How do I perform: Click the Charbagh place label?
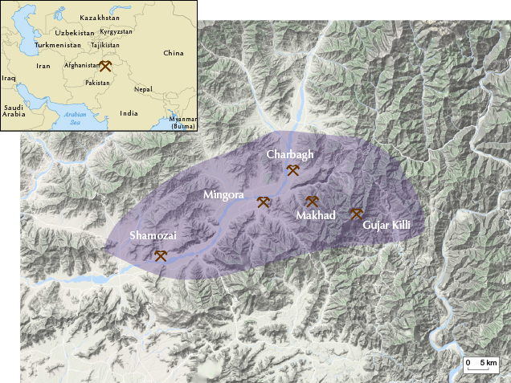point(291,154)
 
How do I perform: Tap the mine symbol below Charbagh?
point(293,170)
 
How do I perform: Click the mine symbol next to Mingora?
point(263,202)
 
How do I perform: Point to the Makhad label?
point(315,215)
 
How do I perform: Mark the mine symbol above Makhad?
point(313,202)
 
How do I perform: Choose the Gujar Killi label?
point(386,226)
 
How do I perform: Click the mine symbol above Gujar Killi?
point(356,214)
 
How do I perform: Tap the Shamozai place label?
point(153,236)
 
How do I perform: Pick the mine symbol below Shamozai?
point(161,256)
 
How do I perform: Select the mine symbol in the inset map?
point(105,66)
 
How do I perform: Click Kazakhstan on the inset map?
point(100,17)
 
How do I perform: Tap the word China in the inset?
point(173,53)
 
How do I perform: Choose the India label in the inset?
point(129,113)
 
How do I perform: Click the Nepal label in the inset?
point(143,89)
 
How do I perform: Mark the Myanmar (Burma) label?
point(183,123)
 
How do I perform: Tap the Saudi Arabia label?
point(14,111)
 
